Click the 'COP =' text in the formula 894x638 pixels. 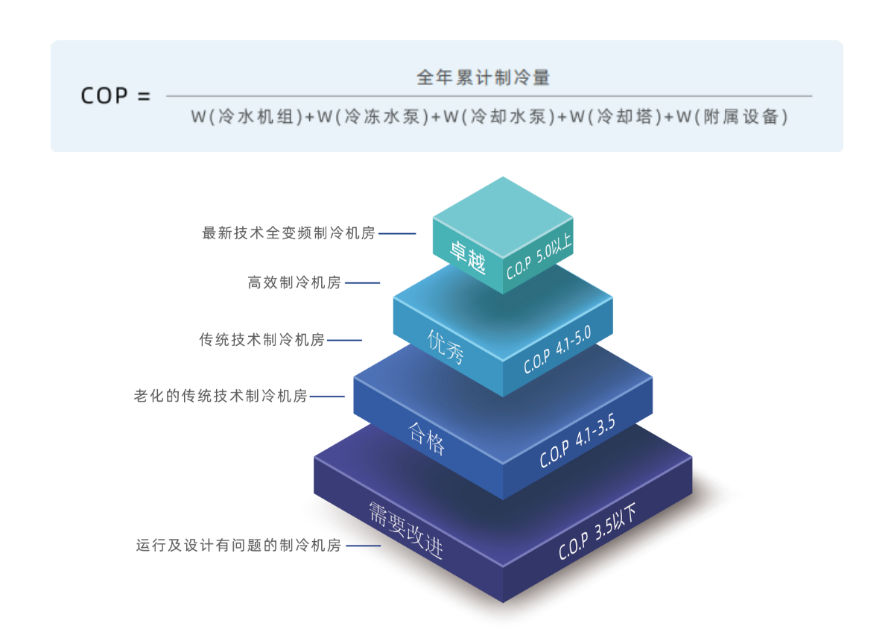tap(115, 96)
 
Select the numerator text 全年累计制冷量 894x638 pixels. tap(483, 77)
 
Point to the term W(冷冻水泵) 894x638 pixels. tap(374, 117)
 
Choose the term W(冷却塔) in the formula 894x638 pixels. tap(615, 117)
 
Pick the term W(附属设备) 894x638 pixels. tap(732, 117)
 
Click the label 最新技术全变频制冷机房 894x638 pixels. tap(288, 233)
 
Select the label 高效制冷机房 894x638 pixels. tap(294, 282)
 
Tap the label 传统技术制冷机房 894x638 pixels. tap(261, 340)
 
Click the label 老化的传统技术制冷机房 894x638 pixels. tap(221, 397)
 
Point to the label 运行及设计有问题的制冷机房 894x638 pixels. tap(238, 546)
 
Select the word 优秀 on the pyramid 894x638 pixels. tap(446, 348)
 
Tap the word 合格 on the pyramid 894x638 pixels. tap(427, 438)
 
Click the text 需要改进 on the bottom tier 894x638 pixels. tap(406, 530)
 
